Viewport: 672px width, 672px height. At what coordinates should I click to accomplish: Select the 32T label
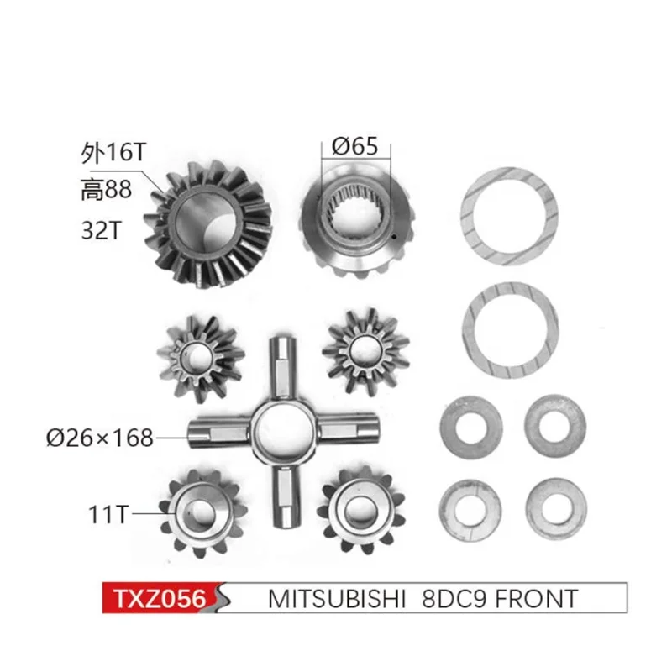pos(100,230)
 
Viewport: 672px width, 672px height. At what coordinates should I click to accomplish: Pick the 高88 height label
pos(106,191)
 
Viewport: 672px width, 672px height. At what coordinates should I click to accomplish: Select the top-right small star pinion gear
pos(365,346)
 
